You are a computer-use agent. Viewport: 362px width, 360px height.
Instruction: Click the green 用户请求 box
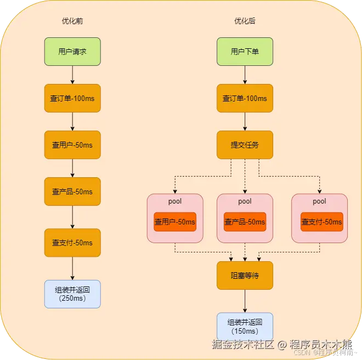72,52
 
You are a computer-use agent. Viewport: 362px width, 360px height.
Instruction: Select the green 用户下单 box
245,52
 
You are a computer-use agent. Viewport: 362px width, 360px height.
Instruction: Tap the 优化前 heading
72,21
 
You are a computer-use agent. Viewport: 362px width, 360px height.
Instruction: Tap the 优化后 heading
245,21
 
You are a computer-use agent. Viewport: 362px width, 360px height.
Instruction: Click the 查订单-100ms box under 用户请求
72,98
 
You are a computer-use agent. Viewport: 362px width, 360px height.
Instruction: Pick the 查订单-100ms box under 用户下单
245,98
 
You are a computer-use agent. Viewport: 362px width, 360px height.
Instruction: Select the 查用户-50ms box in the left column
72,145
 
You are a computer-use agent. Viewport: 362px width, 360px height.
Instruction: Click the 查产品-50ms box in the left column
72,192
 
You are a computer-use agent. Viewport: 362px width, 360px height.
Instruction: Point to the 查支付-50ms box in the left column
72,243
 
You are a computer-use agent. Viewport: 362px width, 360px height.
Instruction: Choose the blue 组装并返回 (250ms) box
72,294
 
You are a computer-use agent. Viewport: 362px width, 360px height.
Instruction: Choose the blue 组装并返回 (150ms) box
245,327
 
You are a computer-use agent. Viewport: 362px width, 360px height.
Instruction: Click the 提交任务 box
245,145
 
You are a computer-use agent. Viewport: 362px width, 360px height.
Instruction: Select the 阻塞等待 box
245,275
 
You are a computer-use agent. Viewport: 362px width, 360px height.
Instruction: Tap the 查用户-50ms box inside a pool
175,222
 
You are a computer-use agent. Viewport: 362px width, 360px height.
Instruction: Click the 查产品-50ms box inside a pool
245,222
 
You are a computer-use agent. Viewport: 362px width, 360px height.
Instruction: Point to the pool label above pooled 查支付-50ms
319,201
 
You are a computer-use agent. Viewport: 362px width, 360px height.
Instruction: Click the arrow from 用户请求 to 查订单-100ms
72,75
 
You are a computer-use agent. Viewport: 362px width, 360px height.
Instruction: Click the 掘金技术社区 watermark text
242,345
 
